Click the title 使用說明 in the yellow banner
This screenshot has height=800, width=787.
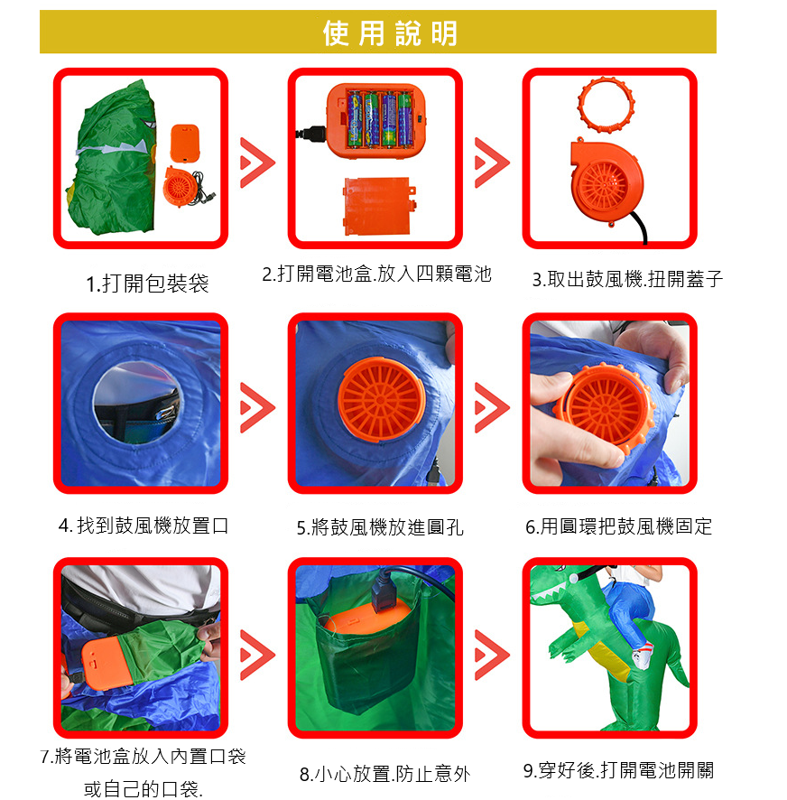click(390, 33)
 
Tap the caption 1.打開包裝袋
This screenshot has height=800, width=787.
click(147, 284)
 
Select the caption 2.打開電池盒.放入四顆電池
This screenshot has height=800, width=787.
click(377, 274)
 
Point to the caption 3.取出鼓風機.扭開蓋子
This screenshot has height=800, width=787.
click(627, 279)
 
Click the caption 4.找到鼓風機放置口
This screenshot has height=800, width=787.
click(144, 526)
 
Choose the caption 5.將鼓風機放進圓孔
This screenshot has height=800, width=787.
click(380, 527)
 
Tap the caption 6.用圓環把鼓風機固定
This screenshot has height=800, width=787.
click(619, 526)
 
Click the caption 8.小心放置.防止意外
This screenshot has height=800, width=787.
click(385, 774)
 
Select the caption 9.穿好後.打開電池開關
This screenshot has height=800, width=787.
click(619, 770)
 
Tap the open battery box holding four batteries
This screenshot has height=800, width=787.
click(376, 120)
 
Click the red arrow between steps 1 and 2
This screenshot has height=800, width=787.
click(257, 163)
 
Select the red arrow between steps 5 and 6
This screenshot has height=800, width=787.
click(492, 407)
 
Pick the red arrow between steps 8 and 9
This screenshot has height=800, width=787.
click(492, 655)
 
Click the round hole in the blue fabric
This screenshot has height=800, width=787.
click(136, 403)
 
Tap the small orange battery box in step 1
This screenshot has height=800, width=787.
click(185, 144)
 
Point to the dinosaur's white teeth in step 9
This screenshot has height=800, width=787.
click(549, 594)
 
